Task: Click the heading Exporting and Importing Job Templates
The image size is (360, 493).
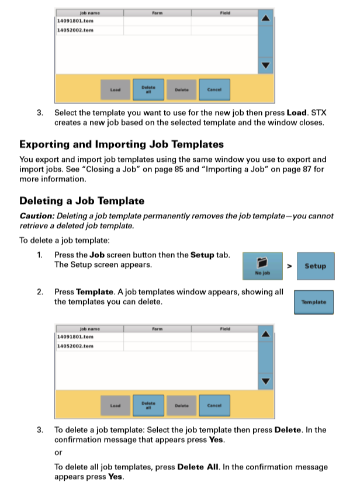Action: tap(121, 144)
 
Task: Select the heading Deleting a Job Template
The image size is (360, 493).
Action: tap(82, 201)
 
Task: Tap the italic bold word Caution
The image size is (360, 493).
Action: tap(36, 216)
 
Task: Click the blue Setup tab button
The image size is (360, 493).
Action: tap(315, 266)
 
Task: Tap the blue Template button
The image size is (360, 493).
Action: tap(313, 302)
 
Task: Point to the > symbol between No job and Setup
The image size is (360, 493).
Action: tap(289, 266)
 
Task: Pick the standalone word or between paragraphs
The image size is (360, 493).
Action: tap(58, 453)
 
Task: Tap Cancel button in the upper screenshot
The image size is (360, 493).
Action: tap(214, 90)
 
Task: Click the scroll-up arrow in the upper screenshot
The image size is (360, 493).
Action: tap(266, 19)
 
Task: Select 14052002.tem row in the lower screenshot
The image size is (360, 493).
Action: tap(75, 346)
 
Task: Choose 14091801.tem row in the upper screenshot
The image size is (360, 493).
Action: tap(75, 20)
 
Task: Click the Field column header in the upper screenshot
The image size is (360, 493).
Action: tap(225, 11)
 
